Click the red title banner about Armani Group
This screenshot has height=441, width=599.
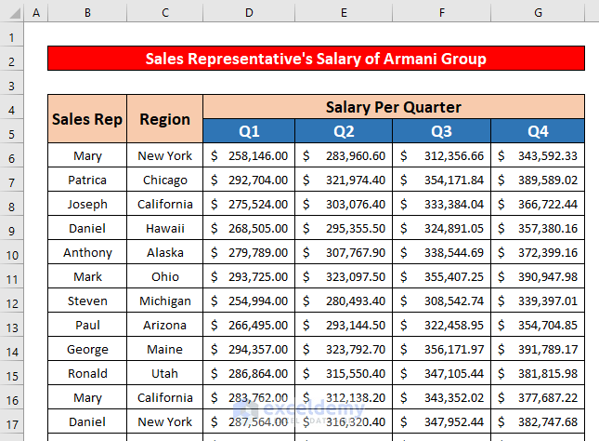pyautogui.click(x=316, y=59)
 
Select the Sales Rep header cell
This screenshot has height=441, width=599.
pyautogui.click(x=87, y=118)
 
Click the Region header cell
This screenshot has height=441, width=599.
pyautogui.click(x=164, y=118)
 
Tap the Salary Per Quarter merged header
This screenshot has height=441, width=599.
pyautogui.click(x=393, y=107)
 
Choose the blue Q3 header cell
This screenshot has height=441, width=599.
pyautogui.click(x=441, y=131)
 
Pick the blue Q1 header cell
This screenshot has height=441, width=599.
pyautogui.click(x=249, y=131)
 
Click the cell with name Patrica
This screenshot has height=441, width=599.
pyautogui.click(x=87, y=180)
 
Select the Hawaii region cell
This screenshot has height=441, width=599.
pyautogui.click(x=164, y=228)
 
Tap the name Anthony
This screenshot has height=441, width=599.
pyautogui.click(x=87, y=252)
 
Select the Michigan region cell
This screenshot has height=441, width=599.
pyautogui.click(x=164, y=301)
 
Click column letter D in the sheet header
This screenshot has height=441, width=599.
pyautogui.click(x=249, y=12)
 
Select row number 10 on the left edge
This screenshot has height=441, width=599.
pyautogui.click(x=12, y=252)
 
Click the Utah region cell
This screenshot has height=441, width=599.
pyautogui.click(x=164, y=373)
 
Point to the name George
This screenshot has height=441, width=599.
pyautogui.click(x=87, y=349)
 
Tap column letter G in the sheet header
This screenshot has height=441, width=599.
pyautogui.click(x=538, y=12)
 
